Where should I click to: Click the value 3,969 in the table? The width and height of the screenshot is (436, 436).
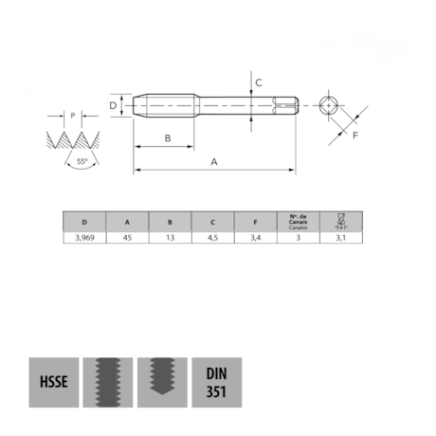click(85, 240)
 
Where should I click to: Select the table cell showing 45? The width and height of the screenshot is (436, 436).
click(128, 240)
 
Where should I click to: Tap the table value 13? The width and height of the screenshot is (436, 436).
click(171, 240)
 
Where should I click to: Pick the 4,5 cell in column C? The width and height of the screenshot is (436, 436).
click(213, 240)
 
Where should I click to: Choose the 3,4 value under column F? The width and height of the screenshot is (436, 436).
click(256, 240)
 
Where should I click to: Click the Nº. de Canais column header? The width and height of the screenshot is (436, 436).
click(298, 223)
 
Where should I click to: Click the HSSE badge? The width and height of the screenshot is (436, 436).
click(53, 383)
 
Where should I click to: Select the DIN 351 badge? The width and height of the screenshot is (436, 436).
click(216, 383)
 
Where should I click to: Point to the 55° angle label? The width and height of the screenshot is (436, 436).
click(83, 162)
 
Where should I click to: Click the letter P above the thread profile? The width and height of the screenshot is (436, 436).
click(73, 116)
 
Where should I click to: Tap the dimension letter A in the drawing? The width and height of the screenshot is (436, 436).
click(214, 162)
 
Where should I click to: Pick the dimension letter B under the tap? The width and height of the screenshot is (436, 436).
click(167, 138)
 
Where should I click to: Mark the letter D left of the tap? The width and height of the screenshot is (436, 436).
click(112, 105)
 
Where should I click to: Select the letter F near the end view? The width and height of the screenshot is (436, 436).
click(354, 136)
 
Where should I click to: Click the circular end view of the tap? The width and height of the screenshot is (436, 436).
click(328, 105)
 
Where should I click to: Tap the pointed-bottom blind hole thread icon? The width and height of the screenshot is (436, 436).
click(162, 383)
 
